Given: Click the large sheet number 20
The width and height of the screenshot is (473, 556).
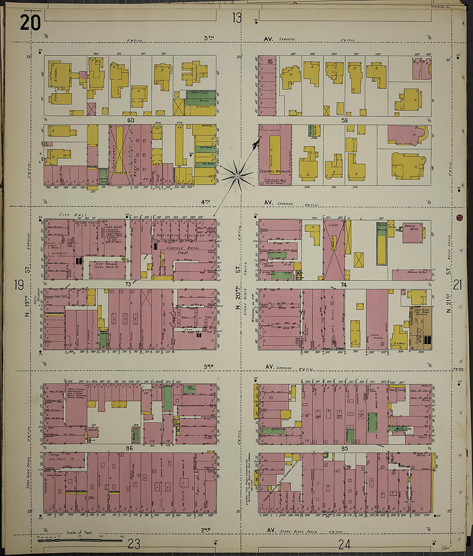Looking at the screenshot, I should point(30,23).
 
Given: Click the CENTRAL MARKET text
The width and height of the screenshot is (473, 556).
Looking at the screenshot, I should point(275,171).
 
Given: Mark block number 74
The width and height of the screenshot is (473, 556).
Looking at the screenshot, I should point(343,285).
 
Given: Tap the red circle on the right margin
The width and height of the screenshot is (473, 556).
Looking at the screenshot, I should point(459,218).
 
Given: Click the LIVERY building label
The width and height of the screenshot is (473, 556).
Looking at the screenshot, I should point(333,225).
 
